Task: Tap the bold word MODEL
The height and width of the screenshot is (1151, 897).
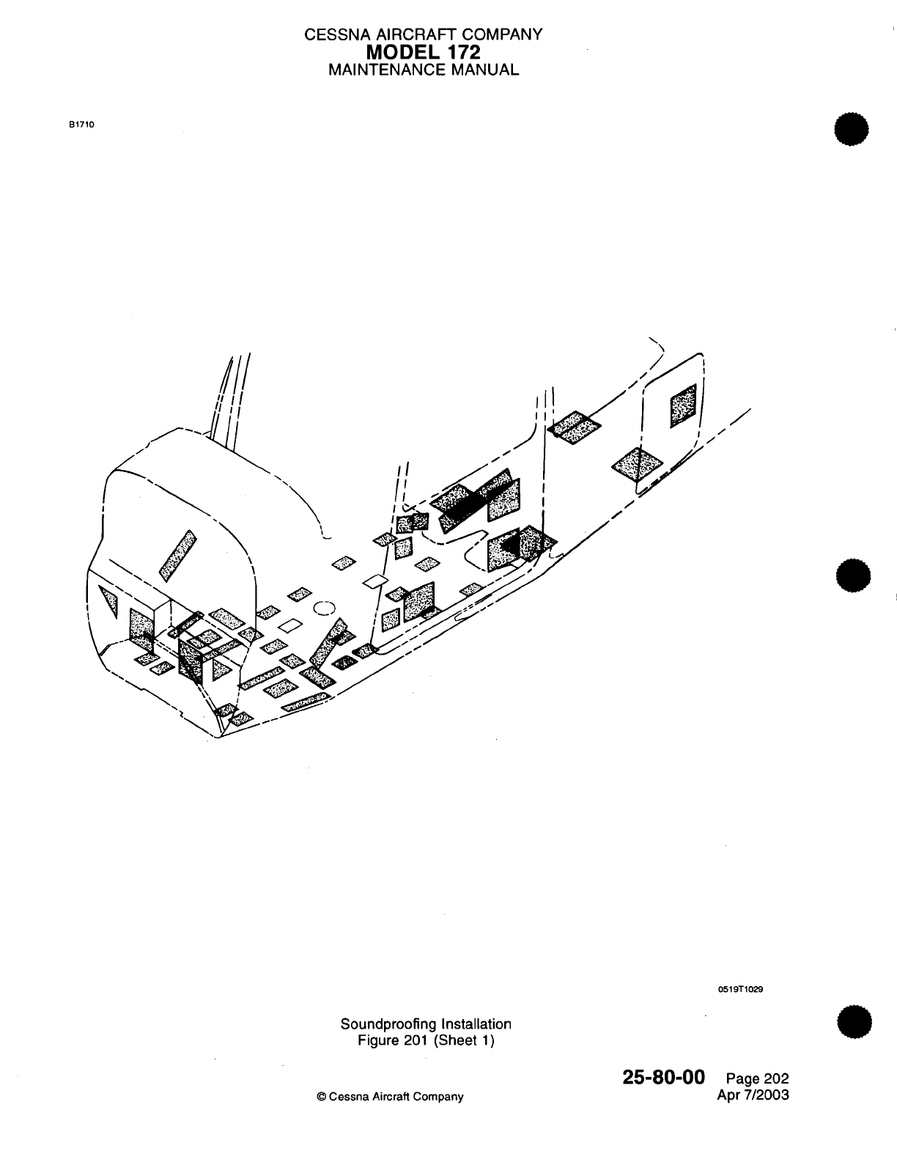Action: pos(402,52)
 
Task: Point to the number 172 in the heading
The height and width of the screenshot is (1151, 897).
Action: pos(462,52)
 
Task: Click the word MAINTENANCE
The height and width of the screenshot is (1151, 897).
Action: pos(383,70)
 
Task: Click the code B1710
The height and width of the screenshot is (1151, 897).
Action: pos(81,124)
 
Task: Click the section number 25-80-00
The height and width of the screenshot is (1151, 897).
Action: pos(663,1076)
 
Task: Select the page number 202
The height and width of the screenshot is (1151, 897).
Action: pos(776,1078)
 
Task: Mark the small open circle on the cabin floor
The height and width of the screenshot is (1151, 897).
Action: pos(324,607)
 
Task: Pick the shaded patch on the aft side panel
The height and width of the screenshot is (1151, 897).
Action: pos(683,405)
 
